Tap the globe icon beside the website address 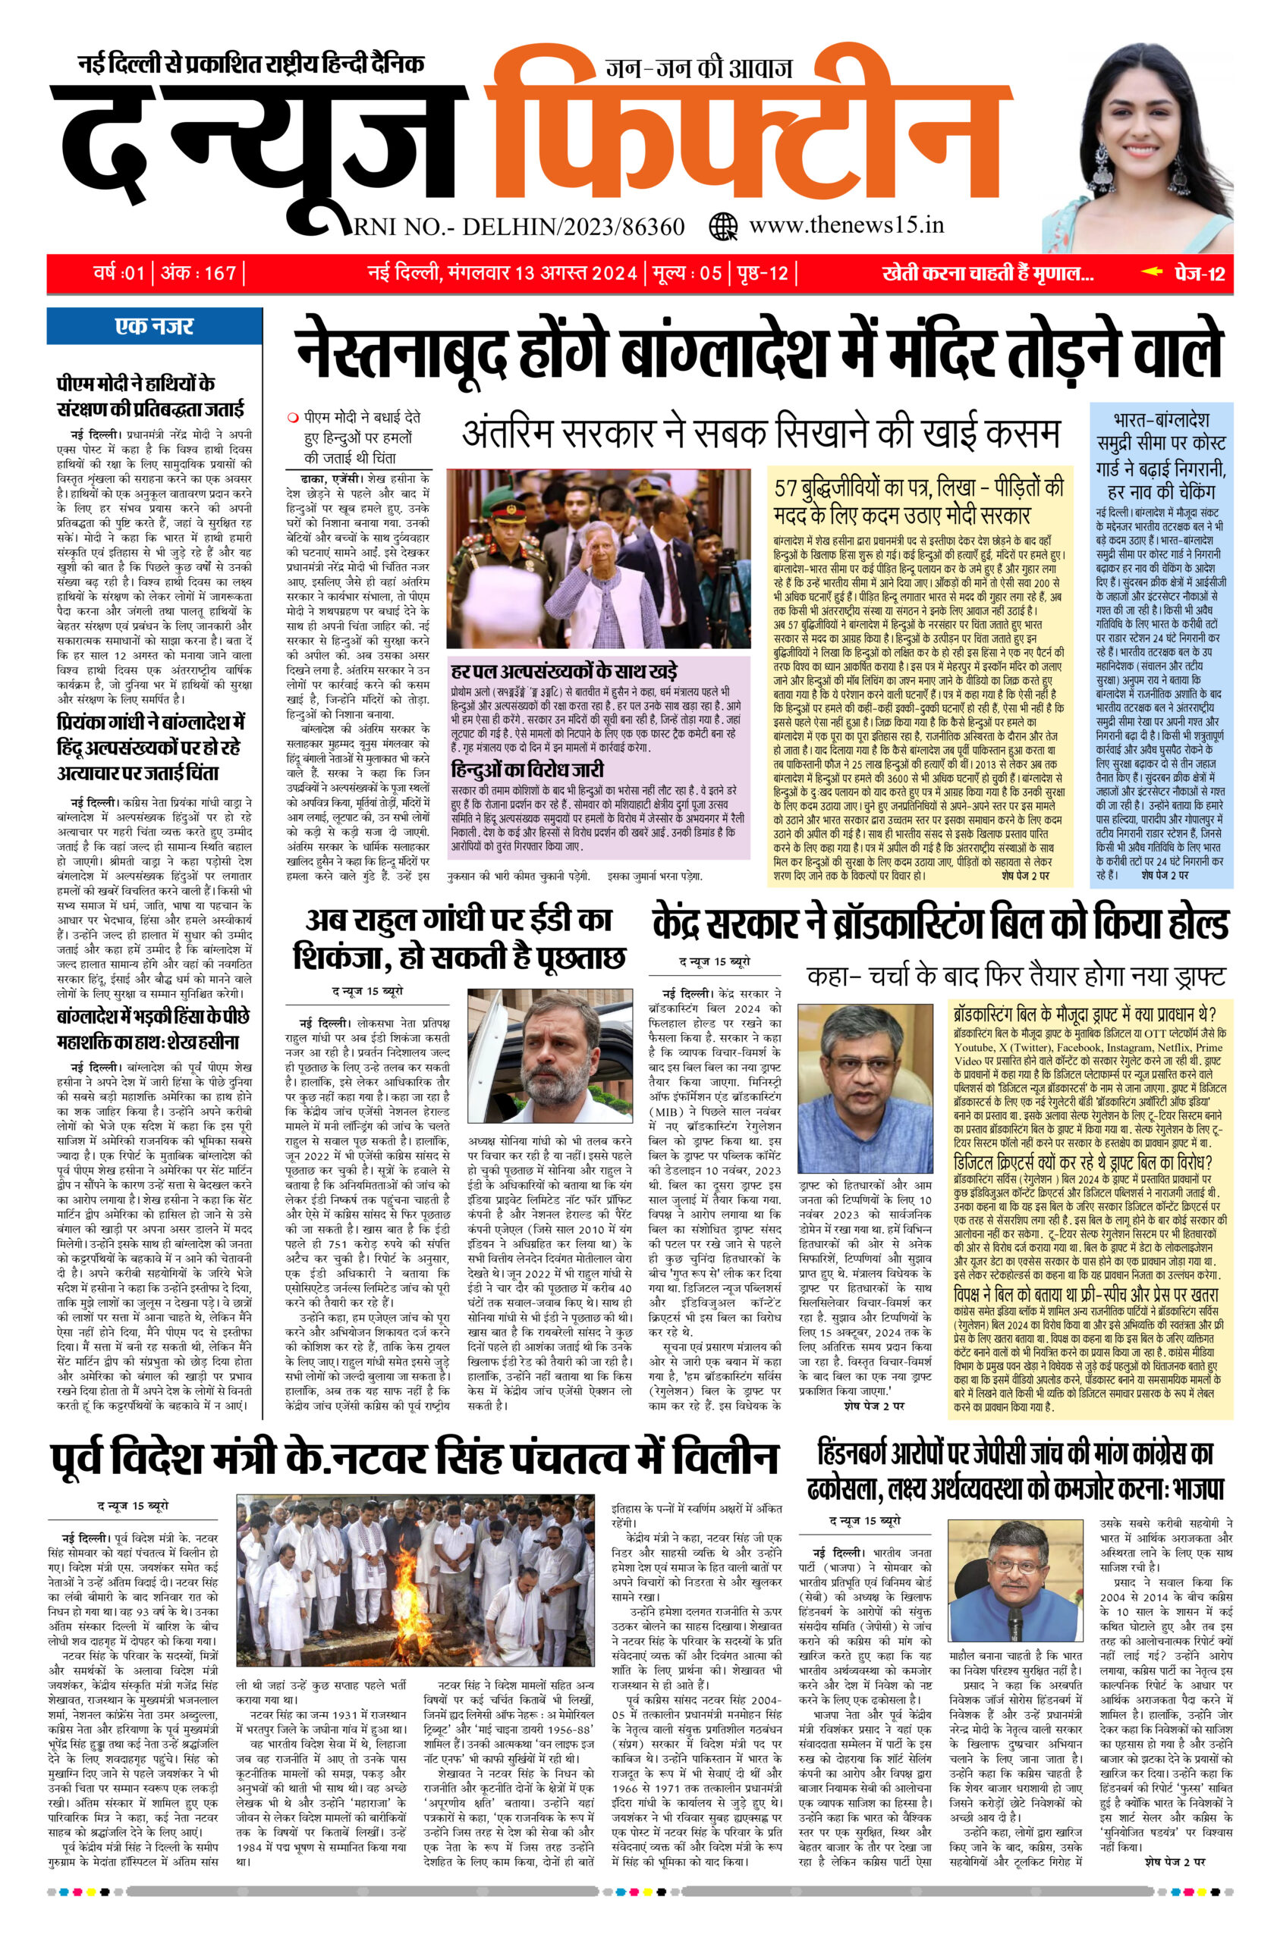723,224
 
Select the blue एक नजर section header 153,326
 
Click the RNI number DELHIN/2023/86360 521,226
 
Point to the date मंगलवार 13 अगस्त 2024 542,273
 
